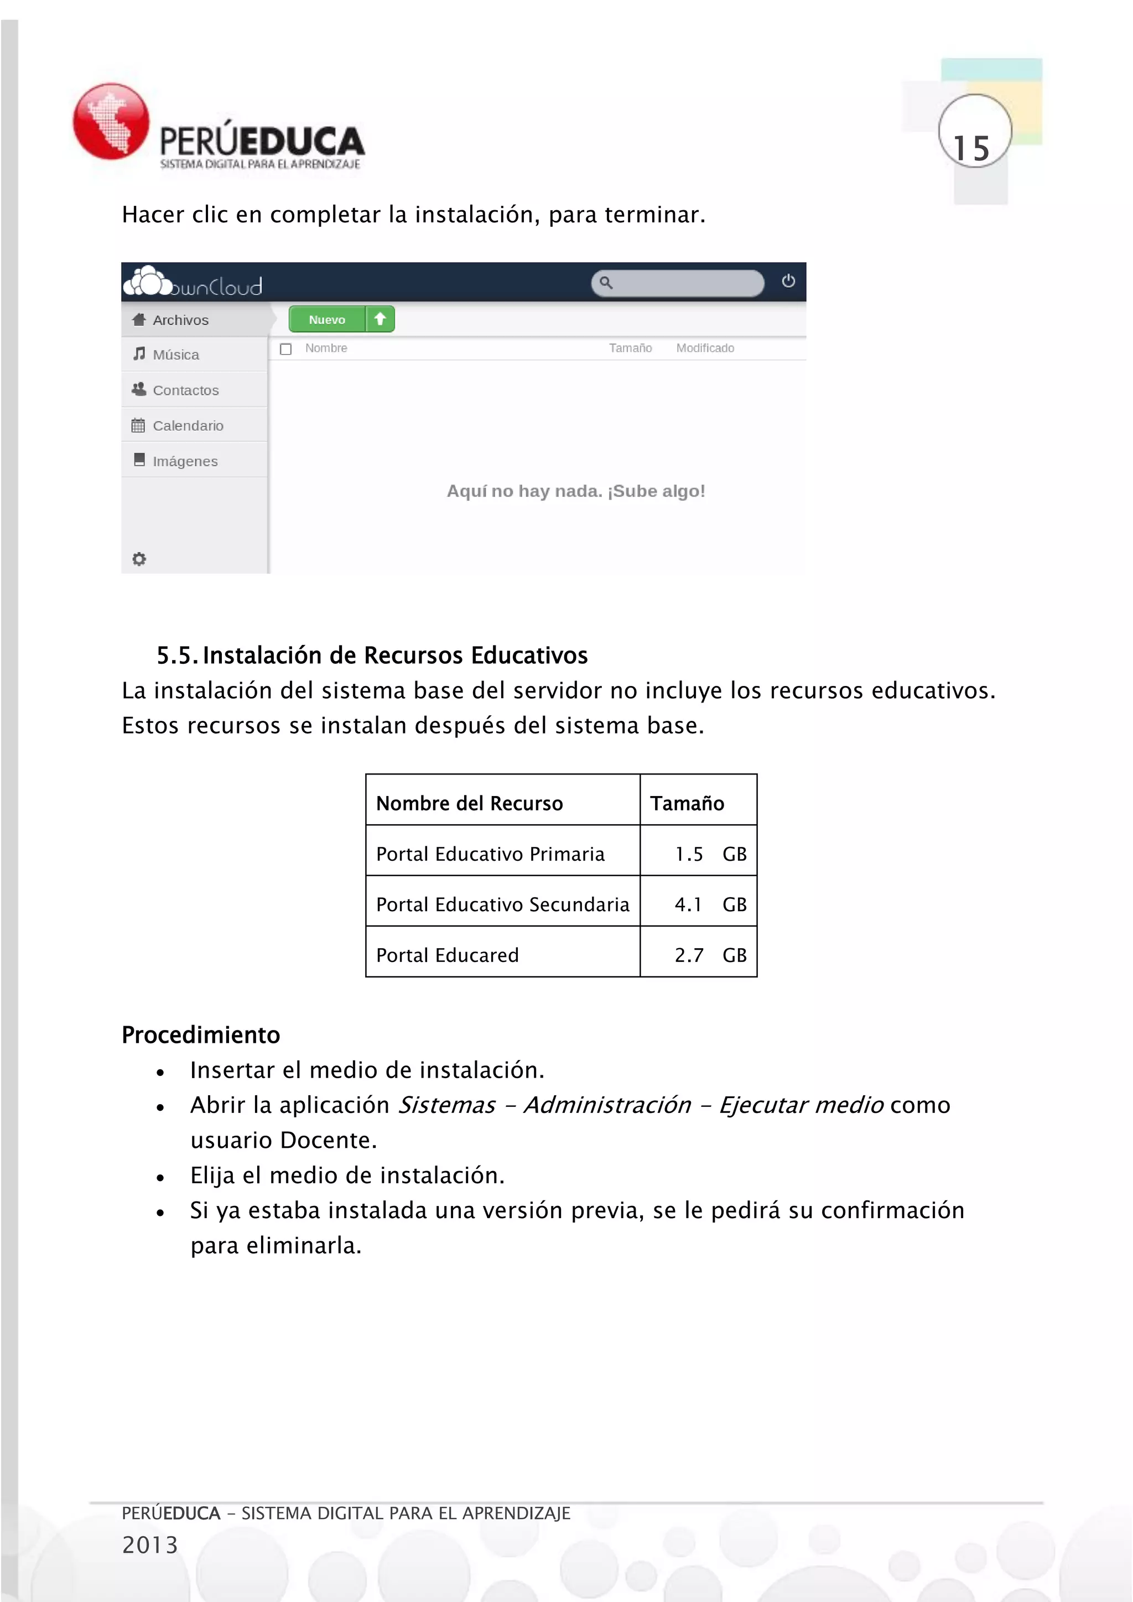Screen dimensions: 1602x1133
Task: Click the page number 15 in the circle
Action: tap(972, 148)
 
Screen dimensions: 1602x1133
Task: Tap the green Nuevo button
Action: tap(327, 320)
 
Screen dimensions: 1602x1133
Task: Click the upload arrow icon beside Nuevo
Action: tap(380, 319)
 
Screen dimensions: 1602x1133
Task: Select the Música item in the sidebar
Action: tap(175, 355)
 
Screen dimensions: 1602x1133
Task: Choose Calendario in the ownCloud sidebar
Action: tap(187, 425)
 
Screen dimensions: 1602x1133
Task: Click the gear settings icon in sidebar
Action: tap(139, 559)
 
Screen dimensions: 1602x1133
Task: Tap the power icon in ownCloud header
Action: tap(788, 281)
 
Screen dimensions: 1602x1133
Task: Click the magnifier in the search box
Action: tap(606, 283)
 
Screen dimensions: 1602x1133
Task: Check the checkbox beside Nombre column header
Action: tap(286, 349)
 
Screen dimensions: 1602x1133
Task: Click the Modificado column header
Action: tap(705, 348)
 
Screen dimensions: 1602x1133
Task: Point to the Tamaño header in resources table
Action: tap(687, 803)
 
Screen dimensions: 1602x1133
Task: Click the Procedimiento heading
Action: tap(201, 1035)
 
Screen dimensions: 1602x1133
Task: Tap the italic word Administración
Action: tap(607, 1105)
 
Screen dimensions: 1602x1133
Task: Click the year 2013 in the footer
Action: tap(150, 1545)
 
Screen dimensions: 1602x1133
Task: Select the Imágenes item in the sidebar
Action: tap(184, 461)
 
